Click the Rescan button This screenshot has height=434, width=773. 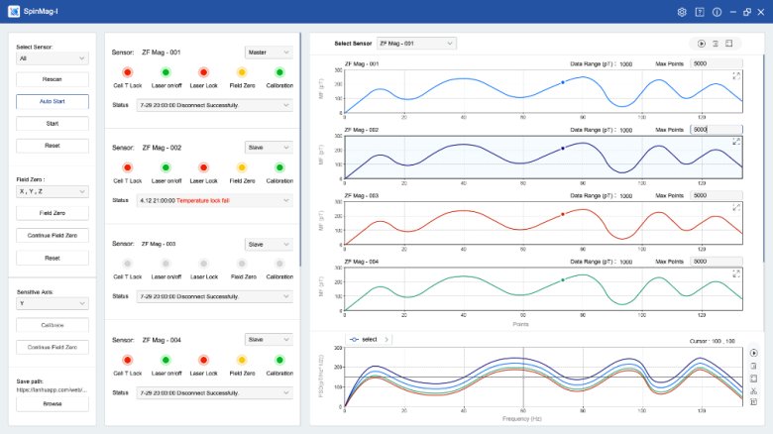[x=53, y=79]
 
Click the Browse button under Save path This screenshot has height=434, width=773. [x=53, y=403]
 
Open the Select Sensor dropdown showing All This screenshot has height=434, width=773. [x=53, y=58]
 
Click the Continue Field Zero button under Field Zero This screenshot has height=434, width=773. [x=53, y=236]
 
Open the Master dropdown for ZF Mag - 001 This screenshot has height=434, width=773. [x=269, y=52]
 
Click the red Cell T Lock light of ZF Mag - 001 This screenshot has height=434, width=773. [x=127, y=72]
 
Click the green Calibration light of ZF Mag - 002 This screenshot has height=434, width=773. [x=279, y=167]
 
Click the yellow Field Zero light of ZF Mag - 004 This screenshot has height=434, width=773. [x=241, y=360]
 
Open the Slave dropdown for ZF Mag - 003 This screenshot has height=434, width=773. [x=269, y=244]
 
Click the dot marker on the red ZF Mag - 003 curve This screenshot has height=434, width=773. [x=563, y=214]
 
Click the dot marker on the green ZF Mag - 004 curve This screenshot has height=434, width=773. [x=563, y=280]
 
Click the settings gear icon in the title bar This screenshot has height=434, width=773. [x=682, y=12]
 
